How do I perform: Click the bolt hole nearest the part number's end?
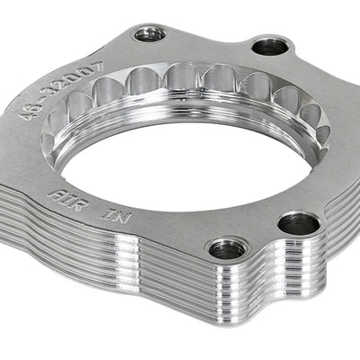pyautogui.click(x=149, y=35)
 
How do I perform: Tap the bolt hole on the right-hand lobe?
pyautogui.click(x=299, y=223)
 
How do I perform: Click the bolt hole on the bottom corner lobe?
pyautogui.click(x=229, y=246)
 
